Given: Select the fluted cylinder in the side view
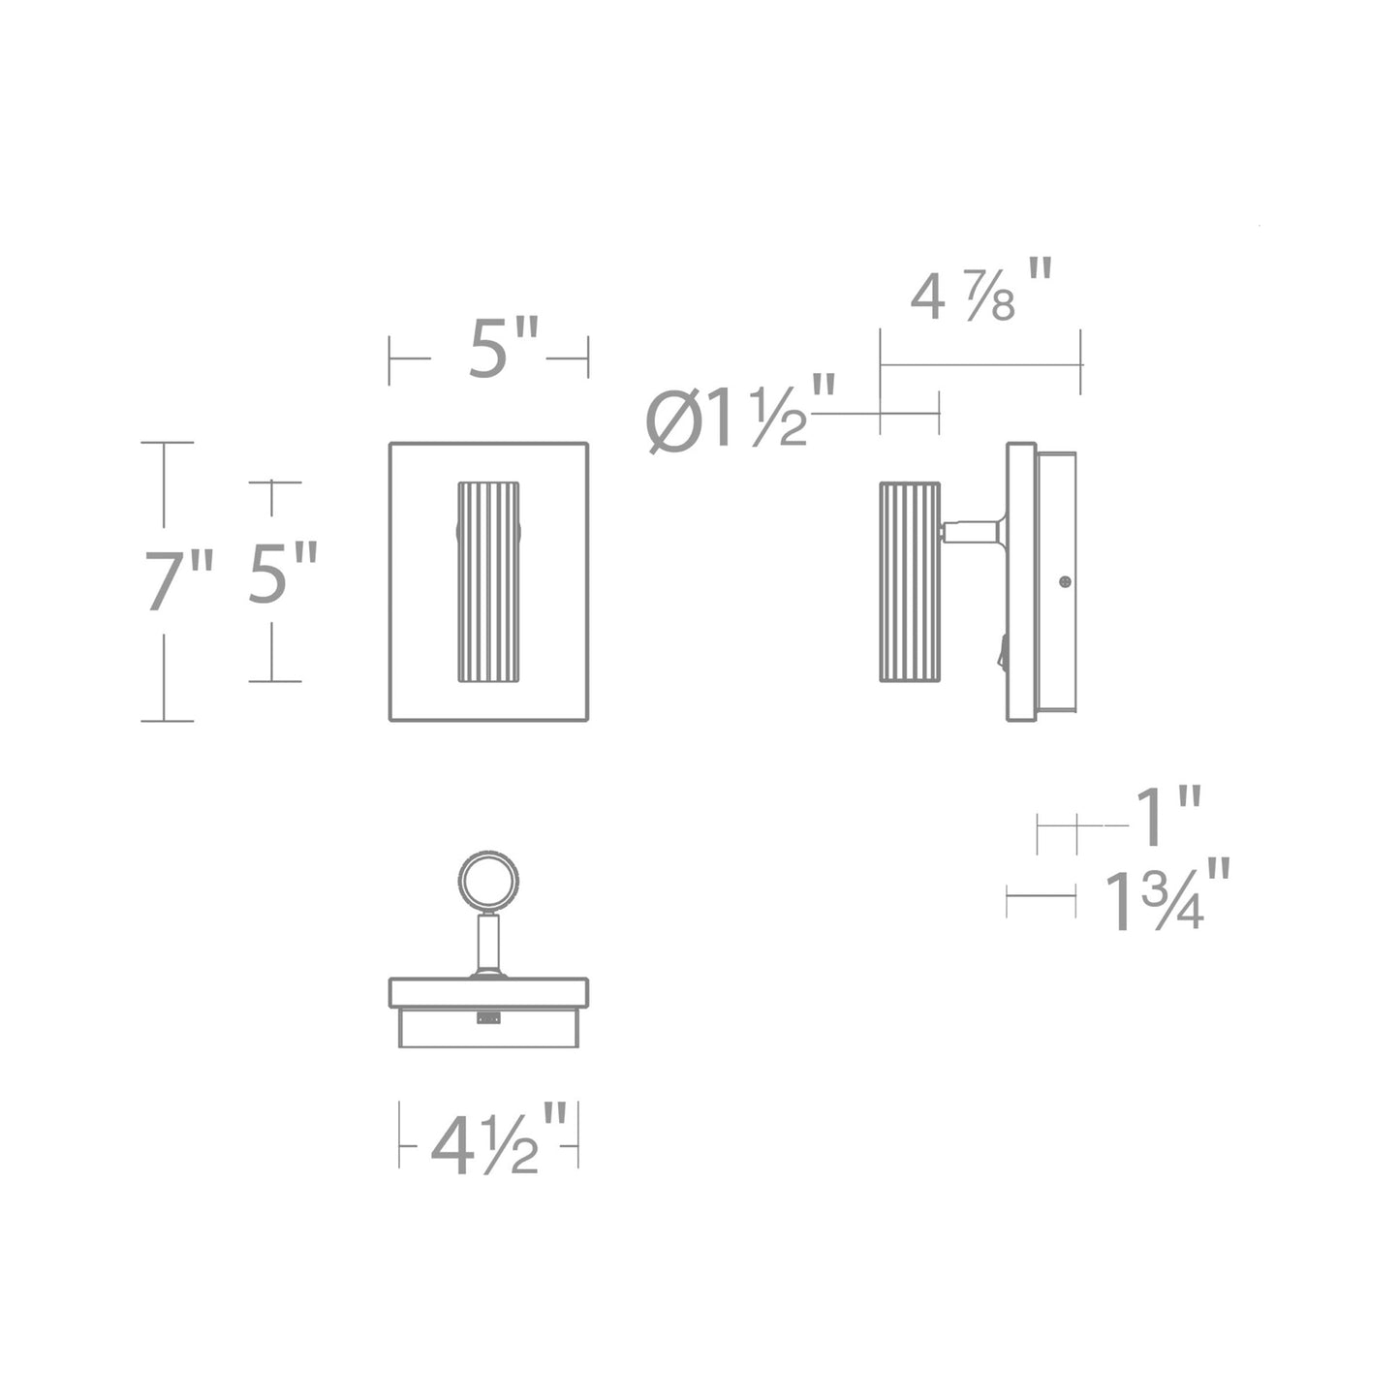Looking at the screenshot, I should coord(909,581).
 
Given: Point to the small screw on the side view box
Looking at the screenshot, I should coord(1066,581).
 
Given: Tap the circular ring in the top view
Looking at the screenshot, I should coord(487,883).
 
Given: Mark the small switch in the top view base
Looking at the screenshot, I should coord(487,1017).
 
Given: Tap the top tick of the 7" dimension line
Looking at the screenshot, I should coord(167,443).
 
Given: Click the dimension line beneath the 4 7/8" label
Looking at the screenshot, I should coord(980,365).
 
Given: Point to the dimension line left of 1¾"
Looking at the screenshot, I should coord(1041,896).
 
